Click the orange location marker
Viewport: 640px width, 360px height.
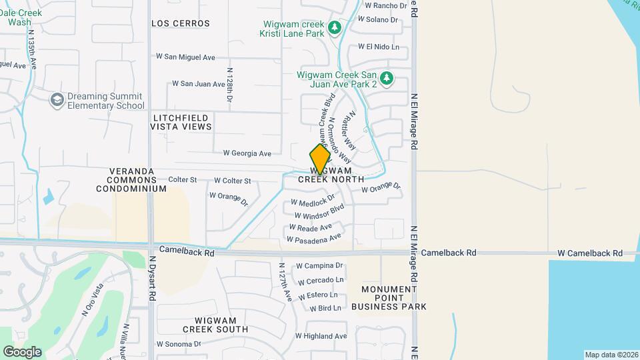(320, 159)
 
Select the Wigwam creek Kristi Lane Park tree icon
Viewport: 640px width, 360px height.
(335, 29)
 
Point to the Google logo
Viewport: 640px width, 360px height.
(22, 351)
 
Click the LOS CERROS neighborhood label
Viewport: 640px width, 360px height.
(181, 23)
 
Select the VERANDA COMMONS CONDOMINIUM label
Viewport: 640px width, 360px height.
(131, 180)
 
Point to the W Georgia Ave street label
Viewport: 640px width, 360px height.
(247, 153)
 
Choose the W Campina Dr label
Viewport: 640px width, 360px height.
(320, 265)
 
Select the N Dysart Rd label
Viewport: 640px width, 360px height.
(152, 279)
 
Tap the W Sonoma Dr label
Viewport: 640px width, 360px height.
(179, 344)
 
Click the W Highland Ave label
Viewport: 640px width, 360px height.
(322, 337)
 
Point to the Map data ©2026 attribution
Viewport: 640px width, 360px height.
(611, 355)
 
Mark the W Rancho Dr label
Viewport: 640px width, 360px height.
(382, 5)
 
